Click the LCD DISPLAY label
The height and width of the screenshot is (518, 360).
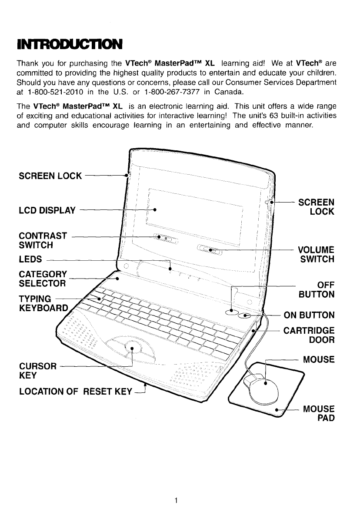pyautogui.click(x=47, y=211)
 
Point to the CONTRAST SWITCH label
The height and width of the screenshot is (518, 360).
pyautogui.click(x=43, y=240)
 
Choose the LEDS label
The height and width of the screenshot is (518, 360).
pyautogui.click(x=30, y=259)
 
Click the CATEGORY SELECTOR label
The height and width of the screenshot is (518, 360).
pyautogui.click(x=43, y=279)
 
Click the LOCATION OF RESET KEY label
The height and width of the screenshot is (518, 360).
pyautogui.click(x=75, y=392)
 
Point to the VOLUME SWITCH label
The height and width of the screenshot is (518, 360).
pyautogui.click(x=316, y=255)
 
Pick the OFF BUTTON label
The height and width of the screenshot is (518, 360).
pyautogui.click(x=319, y=290)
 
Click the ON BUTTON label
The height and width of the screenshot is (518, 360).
pyautogui.click(x=309, y=315)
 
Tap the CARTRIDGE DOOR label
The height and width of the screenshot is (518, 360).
pyautogui.click(x=309, y=335)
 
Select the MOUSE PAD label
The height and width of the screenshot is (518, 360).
pyautogui.click(x=319, y=414)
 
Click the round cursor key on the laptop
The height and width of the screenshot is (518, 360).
pyautogui.click(x=133, y=346)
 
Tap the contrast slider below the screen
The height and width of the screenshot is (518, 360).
pyautogui.click(x=163, y=238)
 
